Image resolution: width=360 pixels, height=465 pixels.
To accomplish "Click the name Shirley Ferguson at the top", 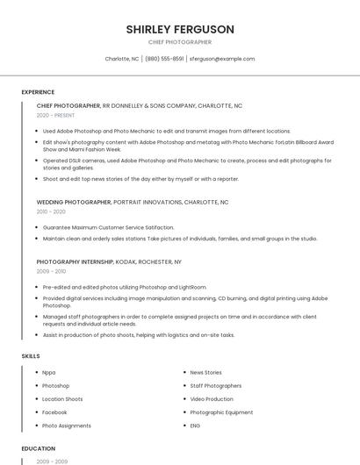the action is tap(180, 29).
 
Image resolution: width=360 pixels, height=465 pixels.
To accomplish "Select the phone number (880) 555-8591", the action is tap(164, 59).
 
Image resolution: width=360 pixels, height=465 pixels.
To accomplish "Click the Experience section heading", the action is tap(38, 92).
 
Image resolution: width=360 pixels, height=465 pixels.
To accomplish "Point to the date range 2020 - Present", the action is tap(55, 115).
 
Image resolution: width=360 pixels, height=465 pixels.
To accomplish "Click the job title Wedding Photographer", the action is tap(74, 202).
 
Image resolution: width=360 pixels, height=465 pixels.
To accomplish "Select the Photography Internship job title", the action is tap(75, 261).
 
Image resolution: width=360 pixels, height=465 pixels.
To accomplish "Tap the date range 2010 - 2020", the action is tap(51, 211).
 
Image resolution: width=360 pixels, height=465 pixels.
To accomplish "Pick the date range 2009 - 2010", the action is tap(51, 271).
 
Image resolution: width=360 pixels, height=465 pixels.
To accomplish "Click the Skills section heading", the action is tap(30, 356).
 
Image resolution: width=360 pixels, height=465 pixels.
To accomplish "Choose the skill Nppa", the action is tap(49, 373).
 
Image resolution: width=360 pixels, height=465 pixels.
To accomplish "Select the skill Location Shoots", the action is tap(62, 399).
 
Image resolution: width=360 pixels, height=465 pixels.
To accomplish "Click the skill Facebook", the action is tap(54, 412).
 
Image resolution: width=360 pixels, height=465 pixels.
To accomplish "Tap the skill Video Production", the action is tap(212, 399).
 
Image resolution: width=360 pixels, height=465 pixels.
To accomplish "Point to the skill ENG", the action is tap(195, 426).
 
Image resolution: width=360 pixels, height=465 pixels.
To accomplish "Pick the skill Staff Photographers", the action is tap(215, 386).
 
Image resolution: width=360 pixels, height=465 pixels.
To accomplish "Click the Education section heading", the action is tap(39, 448).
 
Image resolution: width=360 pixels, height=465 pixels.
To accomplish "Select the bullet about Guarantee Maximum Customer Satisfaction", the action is tap(108, 227).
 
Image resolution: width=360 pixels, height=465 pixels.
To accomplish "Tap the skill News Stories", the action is tap(205, 373).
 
